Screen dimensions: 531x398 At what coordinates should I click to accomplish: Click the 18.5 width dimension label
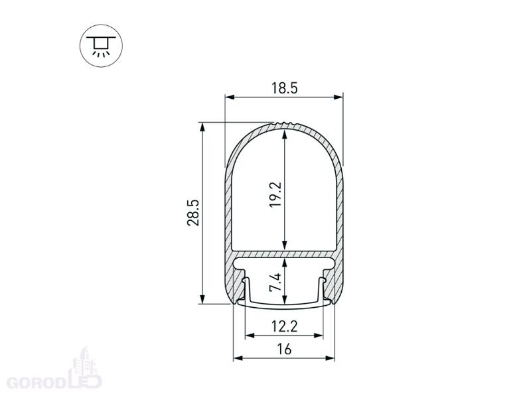tap(285, 88)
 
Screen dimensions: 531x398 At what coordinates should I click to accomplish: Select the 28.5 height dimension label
tap(193, 212)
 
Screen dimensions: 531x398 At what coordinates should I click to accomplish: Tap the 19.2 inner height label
tap(275, 194)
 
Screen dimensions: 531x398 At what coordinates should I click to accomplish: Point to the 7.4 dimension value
tap(275, 283)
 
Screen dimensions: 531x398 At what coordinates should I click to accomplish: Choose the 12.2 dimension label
tap(285, 326)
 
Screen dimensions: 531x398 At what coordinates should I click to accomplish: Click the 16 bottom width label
tap(285, 349)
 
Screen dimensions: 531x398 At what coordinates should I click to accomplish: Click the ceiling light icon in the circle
tap(101, 46)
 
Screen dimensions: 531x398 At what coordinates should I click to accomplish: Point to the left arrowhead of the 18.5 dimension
tap(230, 97)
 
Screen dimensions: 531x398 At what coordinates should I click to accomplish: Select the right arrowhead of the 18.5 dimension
tap(339, 97)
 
